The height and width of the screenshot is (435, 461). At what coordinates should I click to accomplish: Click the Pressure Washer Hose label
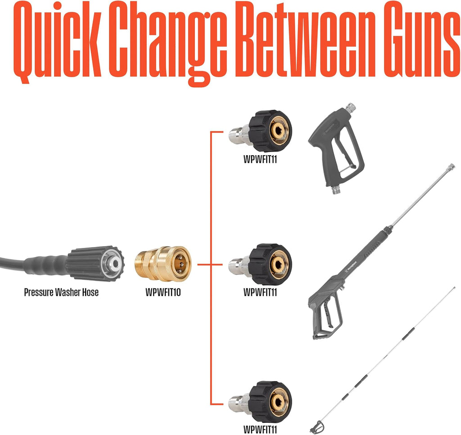(61, 292)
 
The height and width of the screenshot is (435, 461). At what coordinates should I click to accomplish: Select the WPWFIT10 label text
(163, 292)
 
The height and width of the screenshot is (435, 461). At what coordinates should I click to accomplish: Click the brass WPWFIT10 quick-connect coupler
(163, 264)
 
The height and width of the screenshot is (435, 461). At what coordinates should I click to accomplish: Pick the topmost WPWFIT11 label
(260, 159)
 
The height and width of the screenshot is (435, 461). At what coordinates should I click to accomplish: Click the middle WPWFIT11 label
(260, 292)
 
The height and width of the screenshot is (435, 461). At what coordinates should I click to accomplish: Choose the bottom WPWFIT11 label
(260, 430)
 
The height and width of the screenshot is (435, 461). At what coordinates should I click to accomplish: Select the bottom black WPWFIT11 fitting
(261, 402)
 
